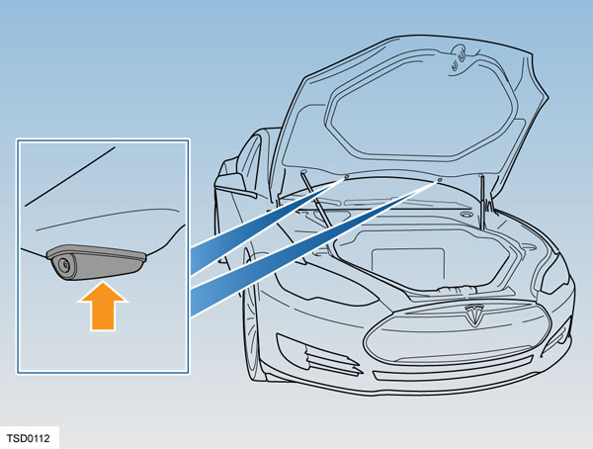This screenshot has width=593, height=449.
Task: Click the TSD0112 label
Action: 29,438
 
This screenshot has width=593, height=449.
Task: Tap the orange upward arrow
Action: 103,307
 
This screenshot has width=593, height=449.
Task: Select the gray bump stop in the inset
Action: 96,262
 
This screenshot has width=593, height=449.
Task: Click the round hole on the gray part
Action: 64,265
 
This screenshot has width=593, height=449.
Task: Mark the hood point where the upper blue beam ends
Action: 346,177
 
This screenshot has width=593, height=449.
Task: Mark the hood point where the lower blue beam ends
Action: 440,179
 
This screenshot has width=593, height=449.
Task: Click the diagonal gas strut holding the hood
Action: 315,200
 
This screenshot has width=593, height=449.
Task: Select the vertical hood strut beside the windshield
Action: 482,203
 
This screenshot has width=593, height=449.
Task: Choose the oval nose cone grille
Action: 457,334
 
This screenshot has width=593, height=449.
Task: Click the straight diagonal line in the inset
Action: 70,176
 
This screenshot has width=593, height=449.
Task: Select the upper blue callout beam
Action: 268,226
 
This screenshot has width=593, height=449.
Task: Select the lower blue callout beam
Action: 314,248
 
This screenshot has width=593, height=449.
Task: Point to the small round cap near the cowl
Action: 466,215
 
